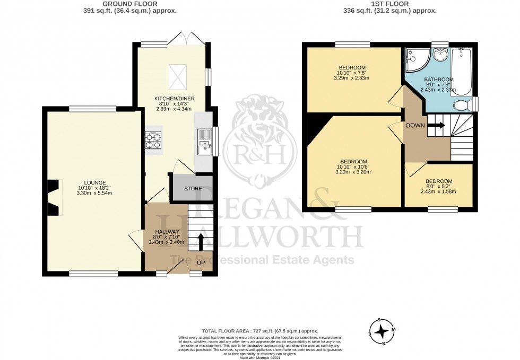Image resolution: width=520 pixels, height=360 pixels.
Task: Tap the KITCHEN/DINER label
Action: click(172, 99)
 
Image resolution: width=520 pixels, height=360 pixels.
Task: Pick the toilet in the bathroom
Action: click(464, 105)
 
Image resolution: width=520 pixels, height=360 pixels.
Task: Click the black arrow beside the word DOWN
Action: click(437, 126)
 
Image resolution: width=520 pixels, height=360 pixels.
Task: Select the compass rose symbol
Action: click(381, 331)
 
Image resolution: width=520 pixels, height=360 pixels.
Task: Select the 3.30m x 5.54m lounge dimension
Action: click(95, 193)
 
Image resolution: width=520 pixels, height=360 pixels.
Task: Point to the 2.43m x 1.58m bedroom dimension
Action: click(438, 192)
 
